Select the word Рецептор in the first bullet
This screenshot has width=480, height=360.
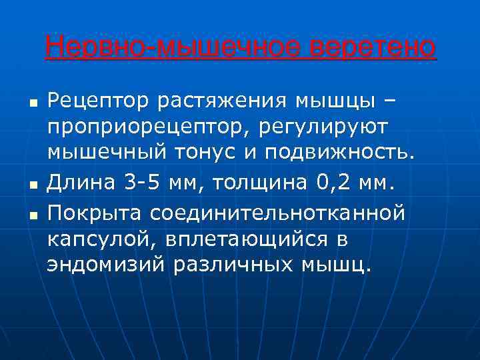[x=97, y=103]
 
